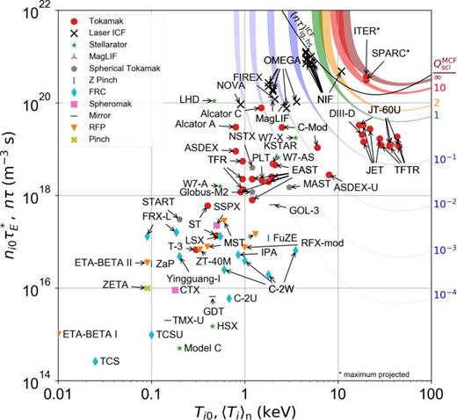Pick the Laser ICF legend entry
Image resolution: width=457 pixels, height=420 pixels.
[x=95, y=33]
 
